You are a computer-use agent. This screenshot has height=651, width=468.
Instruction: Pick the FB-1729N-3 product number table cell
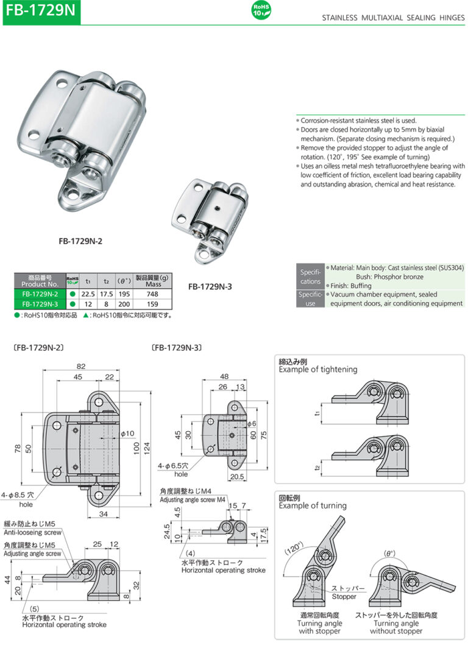[40, 304]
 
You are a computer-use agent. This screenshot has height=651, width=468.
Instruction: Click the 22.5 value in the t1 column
[88, 294]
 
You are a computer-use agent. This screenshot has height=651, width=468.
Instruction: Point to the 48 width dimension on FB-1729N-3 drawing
[224, 376]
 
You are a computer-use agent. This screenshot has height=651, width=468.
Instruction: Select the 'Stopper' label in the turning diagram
[344, 597]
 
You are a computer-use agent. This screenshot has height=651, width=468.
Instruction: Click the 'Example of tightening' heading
[318, 369]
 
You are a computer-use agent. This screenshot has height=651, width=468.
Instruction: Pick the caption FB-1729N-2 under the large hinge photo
[80, 241]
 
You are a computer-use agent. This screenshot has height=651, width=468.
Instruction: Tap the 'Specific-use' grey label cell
[310, 298]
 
